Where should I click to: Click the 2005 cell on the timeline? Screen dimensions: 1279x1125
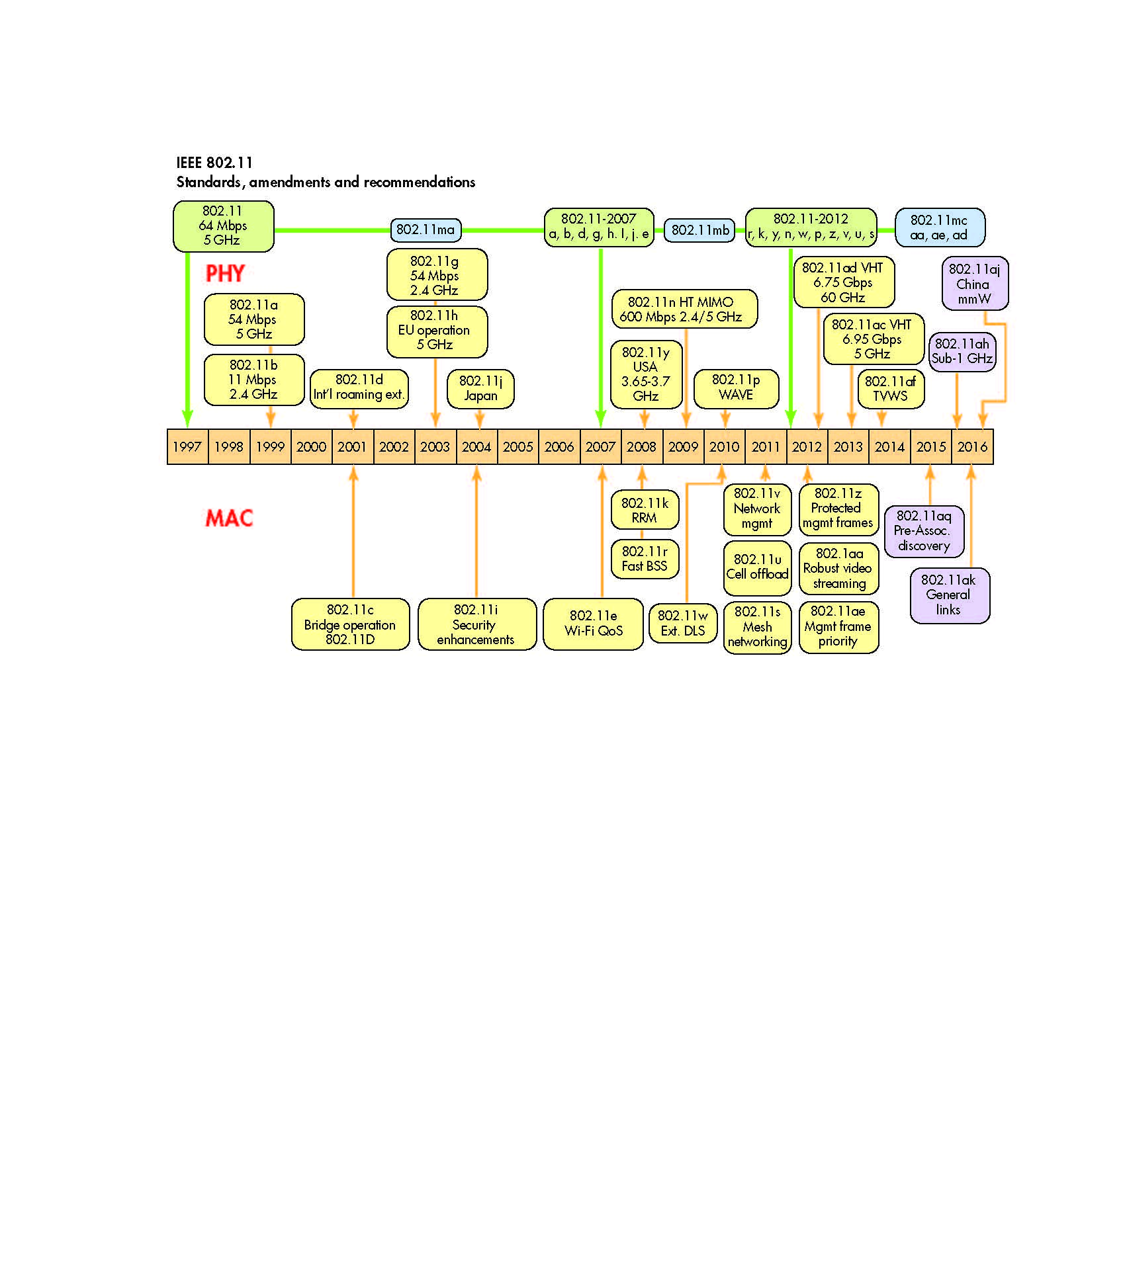(517, 447)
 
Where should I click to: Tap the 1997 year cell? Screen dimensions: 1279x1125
(187, 447)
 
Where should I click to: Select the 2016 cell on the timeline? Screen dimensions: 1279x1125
(972, 447)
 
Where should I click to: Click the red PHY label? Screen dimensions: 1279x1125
(225, 273)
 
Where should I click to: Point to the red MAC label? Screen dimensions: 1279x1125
(229, 518)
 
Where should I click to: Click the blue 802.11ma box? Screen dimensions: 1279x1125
(426, 229)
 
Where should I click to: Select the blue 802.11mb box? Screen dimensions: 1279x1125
(699, 230)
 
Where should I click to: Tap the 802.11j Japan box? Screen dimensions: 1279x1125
(480, 388)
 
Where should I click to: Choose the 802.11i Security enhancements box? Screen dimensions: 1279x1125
(476, 624)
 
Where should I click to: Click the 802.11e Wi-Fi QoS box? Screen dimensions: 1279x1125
(593, 624)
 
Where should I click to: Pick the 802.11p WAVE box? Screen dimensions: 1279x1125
(736, 388)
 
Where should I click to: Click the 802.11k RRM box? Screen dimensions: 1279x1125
(645, 510)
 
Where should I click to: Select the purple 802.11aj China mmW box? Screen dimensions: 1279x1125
(974, 283)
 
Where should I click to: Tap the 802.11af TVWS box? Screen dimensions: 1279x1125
(890, 389)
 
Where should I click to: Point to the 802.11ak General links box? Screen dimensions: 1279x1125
(949, 595)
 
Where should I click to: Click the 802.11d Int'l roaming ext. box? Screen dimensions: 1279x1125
(359, 388)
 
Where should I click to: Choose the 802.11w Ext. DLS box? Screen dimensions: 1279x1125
(683, 623)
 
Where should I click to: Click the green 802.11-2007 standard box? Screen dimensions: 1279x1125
(599, 226)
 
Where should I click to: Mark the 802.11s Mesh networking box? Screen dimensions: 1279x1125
(757, 627)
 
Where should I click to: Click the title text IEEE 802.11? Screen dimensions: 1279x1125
(214, 163)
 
